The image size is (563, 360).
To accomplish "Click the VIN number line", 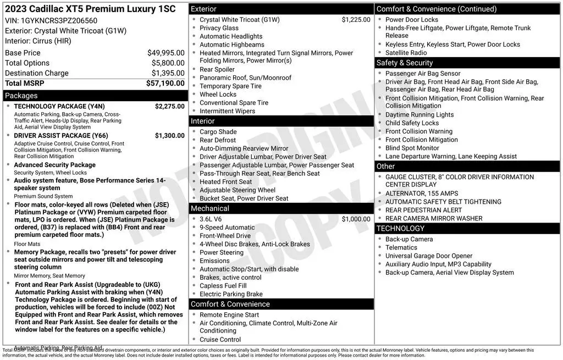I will pyautogui.click(x=51, y=21).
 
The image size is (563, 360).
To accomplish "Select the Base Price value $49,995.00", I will pyautogui.click(x=165, y=53).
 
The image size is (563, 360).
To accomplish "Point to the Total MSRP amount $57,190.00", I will pyautogui.click(x=165, y=84).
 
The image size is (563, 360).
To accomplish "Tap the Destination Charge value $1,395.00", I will pyautogui.click(x=168, y=73).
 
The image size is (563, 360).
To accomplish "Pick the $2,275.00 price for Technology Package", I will pyautogui.click(x=169, y=107).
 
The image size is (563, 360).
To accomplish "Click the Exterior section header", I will pyautogui.click(x=204, y=9).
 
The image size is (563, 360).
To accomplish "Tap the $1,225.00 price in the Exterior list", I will pyautogui.click(x=356, y=20).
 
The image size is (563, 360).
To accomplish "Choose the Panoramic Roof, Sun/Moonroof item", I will pyautogui.click(x=245, y=78).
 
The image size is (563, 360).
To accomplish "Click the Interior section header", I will pyautogui.click(x=203, y=121).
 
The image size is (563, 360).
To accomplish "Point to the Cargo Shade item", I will pyautogui.click(x=218, y=132).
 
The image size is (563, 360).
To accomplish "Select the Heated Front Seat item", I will pyautogui.click(x=225, y=182).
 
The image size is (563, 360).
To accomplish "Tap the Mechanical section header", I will pyautogui.click(x=210, y=208).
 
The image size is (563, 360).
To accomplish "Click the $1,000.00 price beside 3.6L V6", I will pyautogui.click(x=356, y=219).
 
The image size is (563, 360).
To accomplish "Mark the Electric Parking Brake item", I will pyautogui.click(x=231, y=294).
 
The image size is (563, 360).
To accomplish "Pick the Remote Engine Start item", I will pyautogui.click(x=229, y=315).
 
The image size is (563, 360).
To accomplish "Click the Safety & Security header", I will pyautogui.click(x=405, y=63).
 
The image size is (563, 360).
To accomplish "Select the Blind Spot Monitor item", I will pyautogui.click(x=412, y=148).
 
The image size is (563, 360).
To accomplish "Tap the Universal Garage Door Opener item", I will pyautogui.click(x=429, y=256).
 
